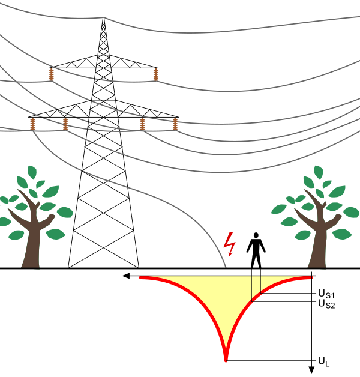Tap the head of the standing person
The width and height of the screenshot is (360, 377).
256,236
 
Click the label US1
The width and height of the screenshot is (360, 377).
327,294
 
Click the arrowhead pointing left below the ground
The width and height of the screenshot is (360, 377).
125,276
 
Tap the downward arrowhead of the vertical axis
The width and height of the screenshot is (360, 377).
311,369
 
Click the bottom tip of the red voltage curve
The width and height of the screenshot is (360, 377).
226,360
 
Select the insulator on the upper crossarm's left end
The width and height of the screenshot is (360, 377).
51,74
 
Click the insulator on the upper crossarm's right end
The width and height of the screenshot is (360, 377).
156,74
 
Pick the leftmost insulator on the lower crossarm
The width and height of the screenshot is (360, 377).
32,124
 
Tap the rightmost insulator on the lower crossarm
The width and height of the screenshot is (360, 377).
175,124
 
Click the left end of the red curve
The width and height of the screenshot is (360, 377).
141,277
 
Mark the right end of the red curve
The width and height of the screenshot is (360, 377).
311,277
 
